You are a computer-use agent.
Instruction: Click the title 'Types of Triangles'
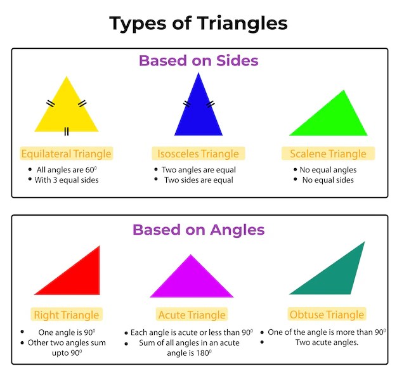coord(198,23)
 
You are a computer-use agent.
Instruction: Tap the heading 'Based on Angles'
coord(198,230)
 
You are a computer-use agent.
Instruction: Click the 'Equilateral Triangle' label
coord(66,153)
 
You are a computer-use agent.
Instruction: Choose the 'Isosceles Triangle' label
coord(198,153)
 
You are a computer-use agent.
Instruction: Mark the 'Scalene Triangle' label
coord(328,153)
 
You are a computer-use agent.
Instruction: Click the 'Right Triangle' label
coord(67,315)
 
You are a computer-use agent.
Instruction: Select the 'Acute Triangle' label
coord(192,315)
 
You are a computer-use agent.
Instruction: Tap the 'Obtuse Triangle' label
coord(327,315)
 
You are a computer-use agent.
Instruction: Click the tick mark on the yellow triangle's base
coord(66,132)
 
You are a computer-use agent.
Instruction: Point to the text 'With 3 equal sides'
coord(67,179)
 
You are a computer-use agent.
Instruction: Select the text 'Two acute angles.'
coord(327,342)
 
